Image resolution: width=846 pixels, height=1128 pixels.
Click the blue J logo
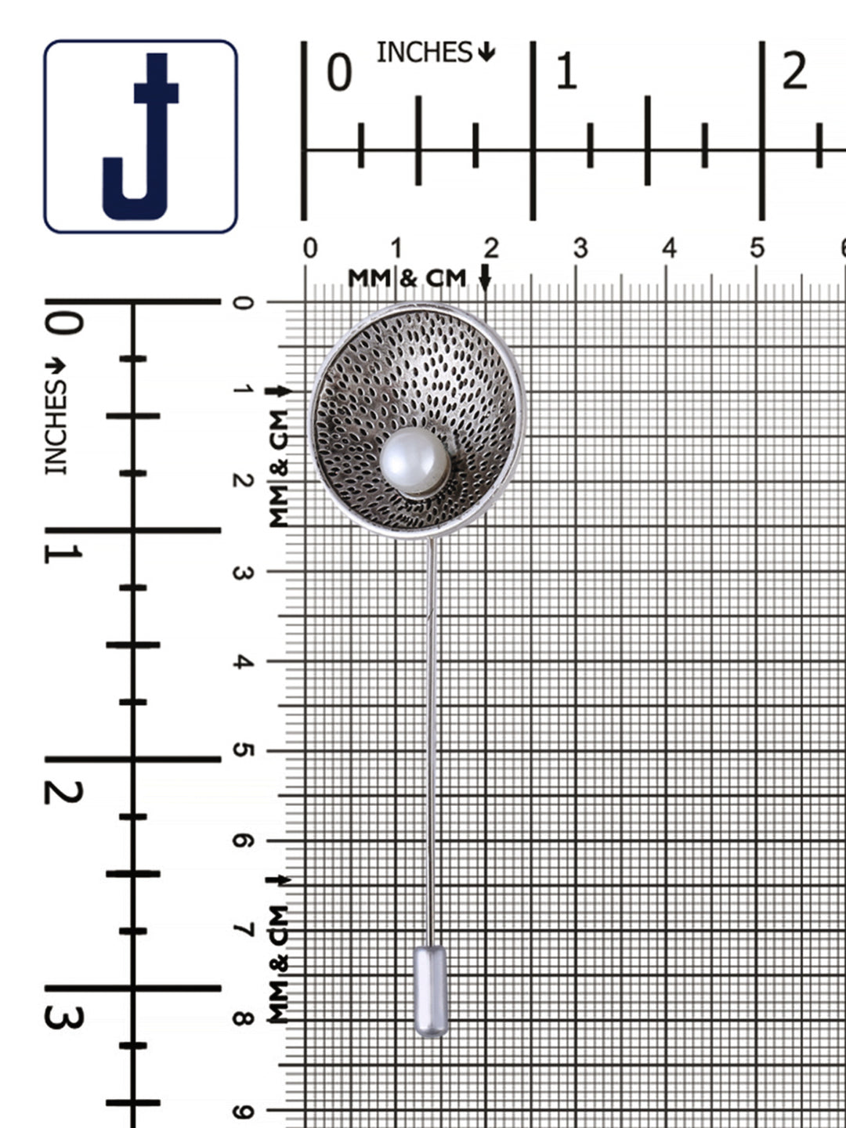pos(141,136)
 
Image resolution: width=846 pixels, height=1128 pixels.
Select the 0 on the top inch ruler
pos(339,73)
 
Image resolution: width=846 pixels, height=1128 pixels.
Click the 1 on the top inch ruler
pos(566,72)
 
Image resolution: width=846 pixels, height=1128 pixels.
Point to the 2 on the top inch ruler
pos(794,72)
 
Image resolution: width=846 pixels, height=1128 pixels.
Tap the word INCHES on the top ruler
pos(425,52)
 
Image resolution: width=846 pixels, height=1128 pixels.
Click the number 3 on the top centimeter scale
pos(580,249)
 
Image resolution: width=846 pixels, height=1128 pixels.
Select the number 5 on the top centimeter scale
pos(757,249)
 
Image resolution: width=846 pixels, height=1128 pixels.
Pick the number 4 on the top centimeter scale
pos(669,249)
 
